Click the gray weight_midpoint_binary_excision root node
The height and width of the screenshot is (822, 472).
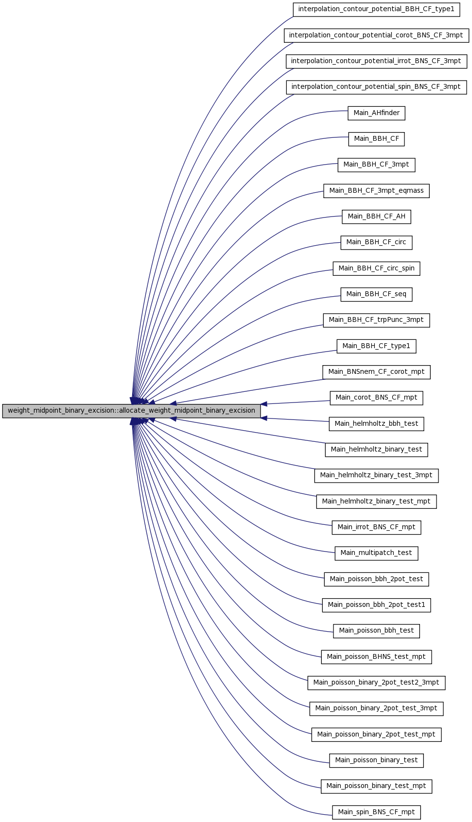(x=132, y=411)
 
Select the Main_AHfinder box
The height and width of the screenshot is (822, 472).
(x=377, y=113)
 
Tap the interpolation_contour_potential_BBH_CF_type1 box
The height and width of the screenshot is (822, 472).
(x=377, y=9)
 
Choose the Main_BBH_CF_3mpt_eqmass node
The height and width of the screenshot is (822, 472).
(x=377, y=191)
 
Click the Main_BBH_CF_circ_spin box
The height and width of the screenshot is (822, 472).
(x=377, y=268)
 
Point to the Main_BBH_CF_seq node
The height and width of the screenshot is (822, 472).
(x=377, y=294)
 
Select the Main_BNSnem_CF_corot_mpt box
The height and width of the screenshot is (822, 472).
(x=377, y=372)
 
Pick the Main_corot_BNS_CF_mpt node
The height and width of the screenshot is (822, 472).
(x=377, y=398)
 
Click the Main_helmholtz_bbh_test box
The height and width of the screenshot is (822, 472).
(x=377, y=424)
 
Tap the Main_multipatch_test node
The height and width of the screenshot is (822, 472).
(x=377, y=553)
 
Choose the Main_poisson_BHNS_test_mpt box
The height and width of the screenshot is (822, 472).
(x=377, y=657)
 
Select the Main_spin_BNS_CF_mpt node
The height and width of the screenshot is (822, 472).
(x=377, y=812)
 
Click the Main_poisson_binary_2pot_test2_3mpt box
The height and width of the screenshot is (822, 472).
(x=377, y=683)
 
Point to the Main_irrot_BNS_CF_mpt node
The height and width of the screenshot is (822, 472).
(x=377, y=527)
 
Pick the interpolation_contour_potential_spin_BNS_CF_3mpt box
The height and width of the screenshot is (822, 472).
(x=377, y=87)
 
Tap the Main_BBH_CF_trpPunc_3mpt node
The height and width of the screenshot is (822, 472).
(x=377, y=320)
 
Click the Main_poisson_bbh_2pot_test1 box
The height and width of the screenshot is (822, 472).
(x=377, y=605)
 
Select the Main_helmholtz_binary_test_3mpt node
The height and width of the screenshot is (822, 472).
(x=377, y=476)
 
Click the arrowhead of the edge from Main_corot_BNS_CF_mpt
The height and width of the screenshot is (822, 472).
(x=264, y=404)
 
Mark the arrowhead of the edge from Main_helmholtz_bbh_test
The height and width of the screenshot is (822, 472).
(x=264, y=418)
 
